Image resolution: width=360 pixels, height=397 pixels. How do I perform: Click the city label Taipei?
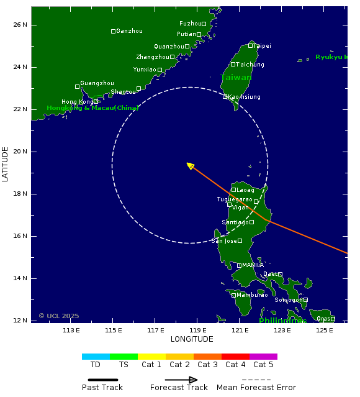[x=263, y=46]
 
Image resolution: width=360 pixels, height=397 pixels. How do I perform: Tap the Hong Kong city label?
[x=77, y=102]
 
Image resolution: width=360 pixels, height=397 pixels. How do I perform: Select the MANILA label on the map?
[x=253, y=265]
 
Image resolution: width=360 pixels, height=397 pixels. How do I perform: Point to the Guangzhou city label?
[x=97, y=83]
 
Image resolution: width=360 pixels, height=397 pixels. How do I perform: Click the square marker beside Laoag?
[x=233, y=190]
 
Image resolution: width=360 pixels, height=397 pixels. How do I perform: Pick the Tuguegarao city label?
[x=235, y=199]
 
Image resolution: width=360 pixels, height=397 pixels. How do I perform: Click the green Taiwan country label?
[x=236, y=78]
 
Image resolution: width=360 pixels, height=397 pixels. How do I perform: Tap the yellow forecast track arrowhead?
[x=190, y=165]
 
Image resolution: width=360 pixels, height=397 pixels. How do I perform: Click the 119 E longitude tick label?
[x=197, y=330]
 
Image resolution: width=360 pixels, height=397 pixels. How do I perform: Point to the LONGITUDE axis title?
[x=192, y=339]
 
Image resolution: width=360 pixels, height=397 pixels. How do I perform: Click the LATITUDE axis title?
[x=6, y=164]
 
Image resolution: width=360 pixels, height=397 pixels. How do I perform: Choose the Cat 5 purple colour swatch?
[x=263, y=357]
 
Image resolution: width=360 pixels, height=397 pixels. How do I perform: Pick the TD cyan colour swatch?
[x=96, y=357]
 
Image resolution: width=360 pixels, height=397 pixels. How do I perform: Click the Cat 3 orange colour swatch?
[x=207, y=357]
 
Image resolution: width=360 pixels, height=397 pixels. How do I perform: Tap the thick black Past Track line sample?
[x=102, y=380]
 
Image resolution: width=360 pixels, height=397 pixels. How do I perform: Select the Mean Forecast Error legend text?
[x=256, y=388]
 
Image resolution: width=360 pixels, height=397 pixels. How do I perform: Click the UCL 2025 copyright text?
[x=59, y=316]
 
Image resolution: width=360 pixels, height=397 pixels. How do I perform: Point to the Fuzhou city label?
[x=190, y=24]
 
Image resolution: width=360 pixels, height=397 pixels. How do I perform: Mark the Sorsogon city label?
[x=289, y=300]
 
